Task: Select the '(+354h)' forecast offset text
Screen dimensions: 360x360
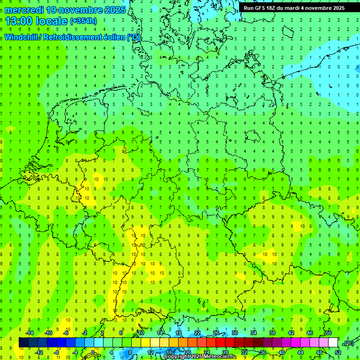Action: coord(83,21)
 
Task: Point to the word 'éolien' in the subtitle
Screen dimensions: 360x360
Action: coord(113,37)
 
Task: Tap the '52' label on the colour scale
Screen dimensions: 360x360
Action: coord(338,352)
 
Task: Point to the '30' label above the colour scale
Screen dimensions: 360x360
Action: coord(235,333)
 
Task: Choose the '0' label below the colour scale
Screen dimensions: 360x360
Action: coord(93,352)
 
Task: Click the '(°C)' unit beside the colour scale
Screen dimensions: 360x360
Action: coord(348,343)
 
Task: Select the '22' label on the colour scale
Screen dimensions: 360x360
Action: coord(197,333)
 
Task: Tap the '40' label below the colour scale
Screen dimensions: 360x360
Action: coord(282,352)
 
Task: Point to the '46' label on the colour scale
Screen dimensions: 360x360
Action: coord(310,333)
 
